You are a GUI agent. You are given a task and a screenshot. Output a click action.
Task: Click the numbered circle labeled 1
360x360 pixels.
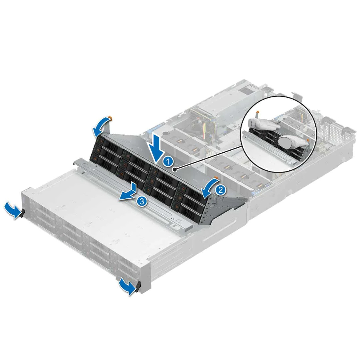tap(168, 162)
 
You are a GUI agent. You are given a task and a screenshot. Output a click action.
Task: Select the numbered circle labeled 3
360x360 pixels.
tap(141, 201)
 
